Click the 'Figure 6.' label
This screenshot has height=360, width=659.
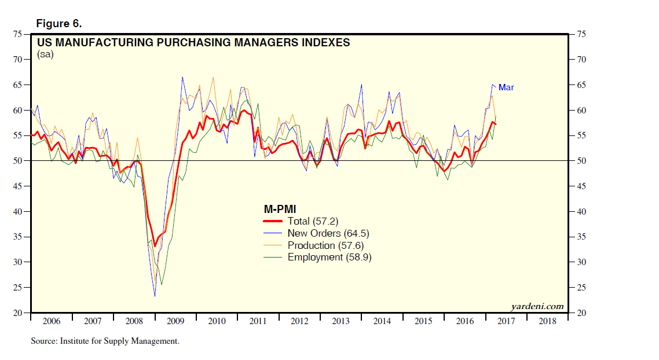pos(59,24)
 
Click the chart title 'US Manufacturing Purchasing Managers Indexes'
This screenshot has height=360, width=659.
pos(193,43)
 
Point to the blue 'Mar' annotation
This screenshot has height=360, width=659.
pos(506,87)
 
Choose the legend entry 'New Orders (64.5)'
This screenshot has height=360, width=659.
pos(328,233)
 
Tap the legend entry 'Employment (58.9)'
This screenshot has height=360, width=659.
pos(329,257)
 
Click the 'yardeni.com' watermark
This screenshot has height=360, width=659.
pos(537,306)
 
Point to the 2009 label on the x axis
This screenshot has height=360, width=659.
pos(175,321)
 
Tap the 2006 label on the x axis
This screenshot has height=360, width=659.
pos(52,321)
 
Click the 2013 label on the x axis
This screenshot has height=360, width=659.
pos(340,321)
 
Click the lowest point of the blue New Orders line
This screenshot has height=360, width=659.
pos(155,296)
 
